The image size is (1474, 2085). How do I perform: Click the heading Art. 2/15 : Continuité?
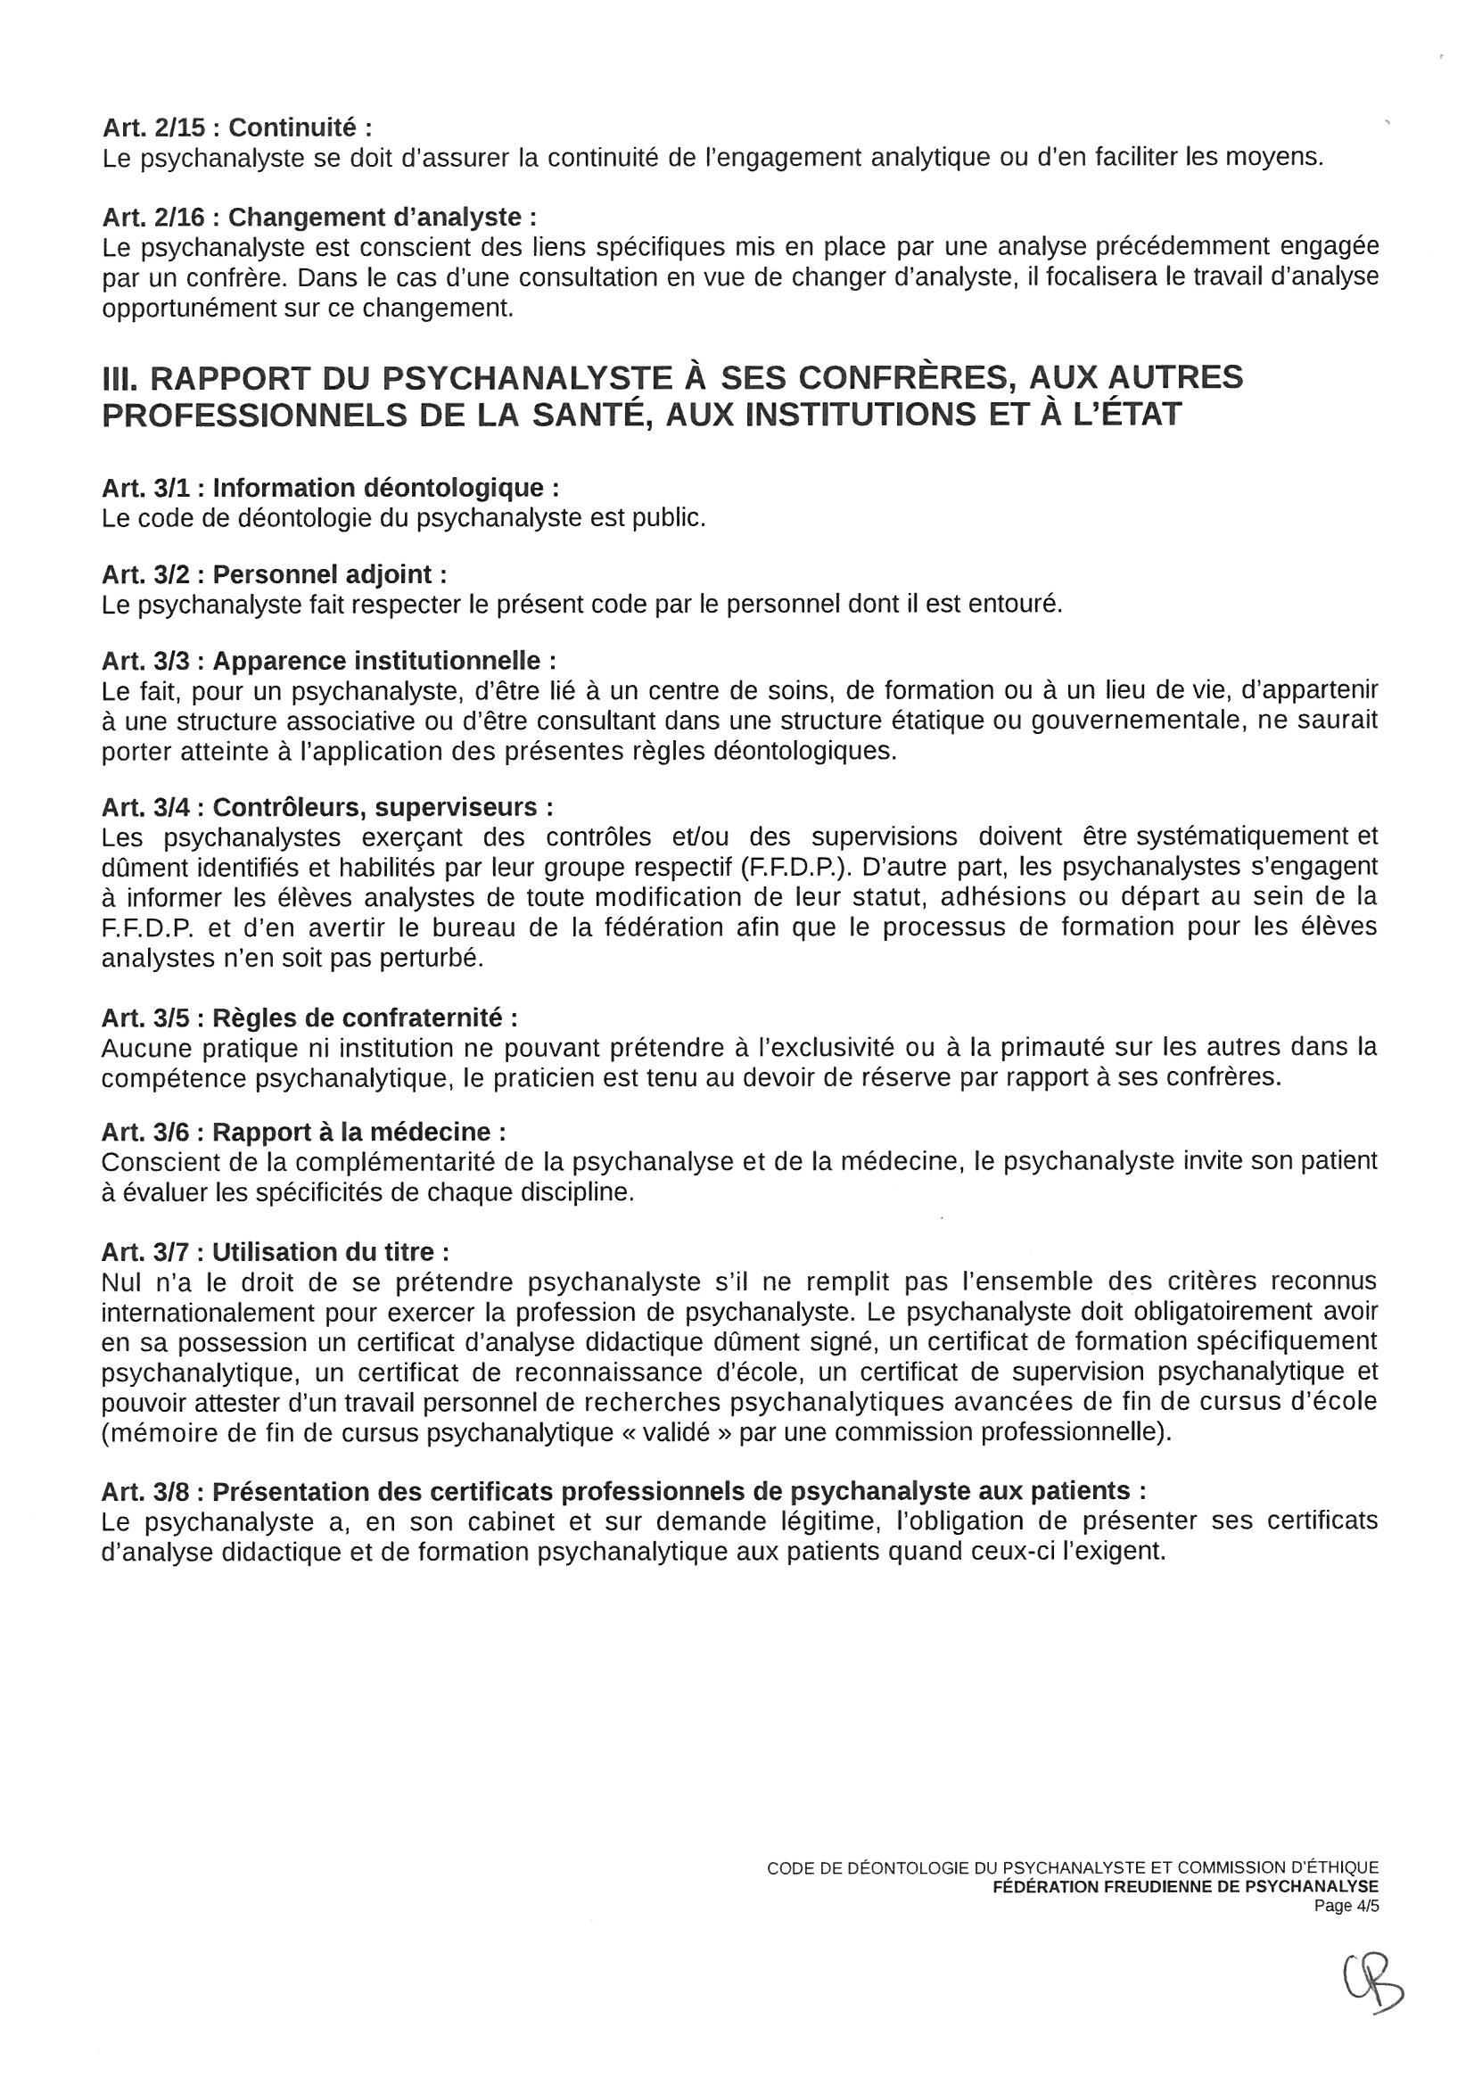[x=237, y=128]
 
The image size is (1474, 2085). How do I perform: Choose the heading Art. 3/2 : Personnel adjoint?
[x=275, y=575]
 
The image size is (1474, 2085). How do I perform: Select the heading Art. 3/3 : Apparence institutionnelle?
[x=329, y=660]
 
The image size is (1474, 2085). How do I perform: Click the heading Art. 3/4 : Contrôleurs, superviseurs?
[x=327, y=807]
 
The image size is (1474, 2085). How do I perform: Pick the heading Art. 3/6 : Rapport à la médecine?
[x=303, y=1133]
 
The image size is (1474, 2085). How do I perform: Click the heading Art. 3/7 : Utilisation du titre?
[x=276, y=1252]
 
